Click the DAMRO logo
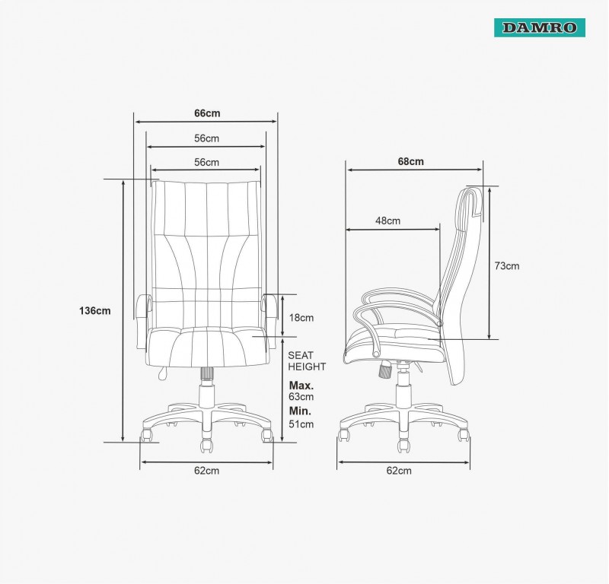(x=540, y=27)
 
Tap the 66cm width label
(x=207, y=113)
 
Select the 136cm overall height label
(x=94, y=311)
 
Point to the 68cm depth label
(x=410, y=161)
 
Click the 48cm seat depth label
(x=387, y=221)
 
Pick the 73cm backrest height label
(x=506, y=266)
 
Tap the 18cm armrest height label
(x=301, y=318)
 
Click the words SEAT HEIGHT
(x=307, y=361)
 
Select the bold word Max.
(x=301, y=386)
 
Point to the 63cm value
(x=301, y=397)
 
